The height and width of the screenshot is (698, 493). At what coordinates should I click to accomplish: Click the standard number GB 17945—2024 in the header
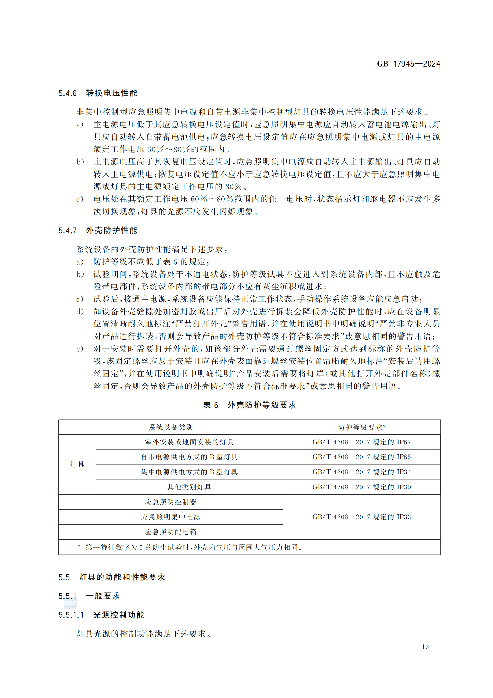pos(408,64)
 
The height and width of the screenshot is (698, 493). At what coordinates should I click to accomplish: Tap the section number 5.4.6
pos(67,93)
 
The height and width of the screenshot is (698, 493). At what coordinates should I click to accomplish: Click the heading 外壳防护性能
pos(111,230)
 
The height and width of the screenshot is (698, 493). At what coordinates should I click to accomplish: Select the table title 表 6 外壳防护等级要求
pos(249,405)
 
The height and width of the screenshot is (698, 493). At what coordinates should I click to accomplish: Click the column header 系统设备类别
pos(170,427)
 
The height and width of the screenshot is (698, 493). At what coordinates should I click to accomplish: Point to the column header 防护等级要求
pos(361,427)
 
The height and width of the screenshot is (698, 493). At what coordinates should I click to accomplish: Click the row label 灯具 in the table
pos(77,464)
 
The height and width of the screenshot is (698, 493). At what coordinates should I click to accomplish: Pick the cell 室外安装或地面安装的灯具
pos(189,442)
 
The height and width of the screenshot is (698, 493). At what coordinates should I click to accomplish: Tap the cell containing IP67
pos(362,442)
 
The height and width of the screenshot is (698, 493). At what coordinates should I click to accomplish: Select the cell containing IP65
pos(362,457)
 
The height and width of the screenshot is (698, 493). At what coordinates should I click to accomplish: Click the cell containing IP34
pos(362,472)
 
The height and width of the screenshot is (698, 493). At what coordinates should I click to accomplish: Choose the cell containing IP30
pos(362,487)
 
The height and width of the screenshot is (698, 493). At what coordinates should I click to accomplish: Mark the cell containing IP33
pos(362,517)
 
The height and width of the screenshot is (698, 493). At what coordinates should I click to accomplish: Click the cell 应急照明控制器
pos(170,502)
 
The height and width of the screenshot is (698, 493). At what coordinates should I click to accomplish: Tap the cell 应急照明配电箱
pos(170,532)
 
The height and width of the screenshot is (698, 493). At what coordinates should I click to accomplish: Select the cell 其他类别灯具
pos(189,487)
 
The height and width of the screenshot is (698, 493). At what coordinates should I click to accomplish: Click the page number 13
pos(425,647)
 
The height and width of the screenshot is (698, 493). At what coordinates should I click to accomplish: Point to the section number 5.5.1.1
pos(71,615)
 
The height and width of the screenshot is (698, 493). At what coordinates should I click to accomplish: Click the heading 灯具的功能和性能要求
pos(122,577)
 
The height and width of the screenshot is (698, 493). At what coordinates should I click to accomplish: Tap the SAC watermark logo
pos(70,603)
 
